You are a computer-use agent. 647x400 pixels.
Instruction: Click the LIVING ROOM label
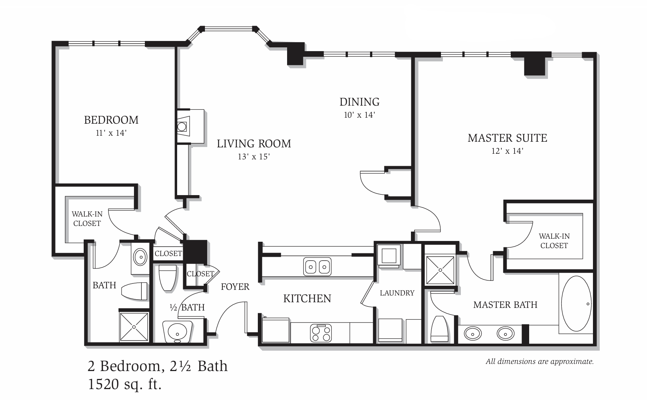coord(254,144)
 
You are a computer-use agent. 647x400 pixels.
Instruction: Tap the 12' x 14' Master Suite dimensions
coord(507,151)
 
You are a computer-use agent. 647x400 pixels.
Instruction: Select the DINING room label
coord(360,102)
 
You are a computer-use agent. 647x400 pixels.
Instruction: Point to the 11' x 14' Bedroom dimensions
coord(111,133)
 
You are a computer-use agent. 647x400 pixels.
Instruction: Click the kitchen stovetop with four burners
coord(321,333)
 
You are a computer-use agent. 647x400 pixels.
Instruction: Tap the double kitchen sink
coord(317,267)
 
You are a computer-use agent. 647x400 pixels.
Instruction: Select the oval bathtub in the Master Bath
coord(576,303)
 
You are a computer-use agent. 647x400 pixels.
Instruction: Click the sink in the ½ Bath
coord(178,332)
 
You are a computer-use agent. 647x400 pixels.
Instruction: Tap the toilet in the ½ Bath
coord(168,278)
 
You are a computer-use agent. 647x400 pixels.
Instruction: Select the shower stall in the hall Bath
coord(134,326)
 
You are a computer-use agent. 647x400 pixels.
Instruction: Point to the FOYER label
coord(235,287)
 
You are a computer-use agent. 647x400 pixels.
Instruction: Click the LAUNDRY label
coord(397,293)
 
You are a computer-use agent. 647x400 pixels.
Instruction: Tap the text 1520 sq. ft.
coord(125,384)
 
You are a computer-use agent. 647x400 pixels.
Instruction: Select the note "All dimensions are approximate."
coord(540,362)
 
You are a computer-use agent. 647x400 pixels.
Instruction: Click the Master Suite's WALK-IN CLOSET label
coord(554,241)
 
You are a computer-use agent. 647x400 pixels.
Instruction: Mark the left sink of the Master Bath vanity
coord(473,333)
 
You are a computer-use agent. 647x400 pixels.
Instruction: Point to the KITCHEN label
coord(307,299)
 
